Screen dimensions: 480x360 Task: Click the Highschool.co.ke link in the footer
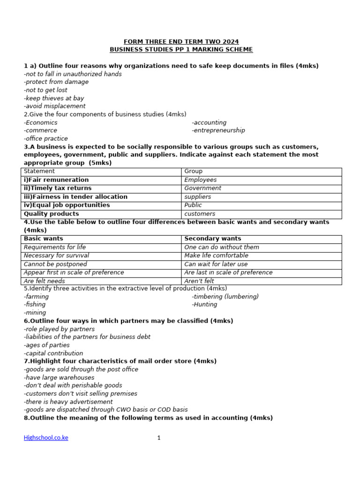coord(46,438)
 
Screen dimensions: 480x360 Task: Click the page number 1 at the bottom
coord(159,438)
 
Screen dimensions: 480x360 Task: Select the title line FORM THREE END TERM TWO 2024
coord(181,42)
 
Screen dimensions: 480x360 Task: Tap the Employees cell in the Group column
coord(201,180)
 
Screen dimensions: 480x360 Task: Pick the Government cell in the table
coord(203,188)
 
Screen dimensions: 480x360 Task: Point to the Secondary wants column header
coord(213,239)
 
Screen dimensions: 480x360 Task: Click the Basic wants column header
coord(44,239)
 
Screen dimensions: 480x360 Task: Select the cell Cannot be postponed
coord(55,264)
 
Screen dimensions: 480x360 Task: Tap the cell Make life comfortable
coord(216,256)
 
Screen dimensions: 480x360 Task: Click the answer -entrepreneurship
coord(218,130)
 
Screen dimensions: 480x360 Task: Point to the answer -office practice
coord(46,139)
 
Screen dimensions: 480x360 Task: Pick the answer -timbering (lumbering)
coord(225,297)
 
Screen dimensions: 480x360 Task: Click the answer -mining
coord(35,313)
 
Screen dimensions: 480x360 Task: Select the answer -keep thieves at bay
coord(54,98)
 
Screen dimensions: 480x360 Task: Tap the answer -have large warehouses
coord(59,377)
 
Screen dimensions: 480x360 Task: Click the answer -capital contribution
coord(53,353)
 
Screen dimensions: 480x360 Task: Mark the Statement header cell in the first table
coord(39,172)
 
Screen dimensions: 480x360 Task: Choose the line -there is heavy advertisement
coord(68,402)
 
